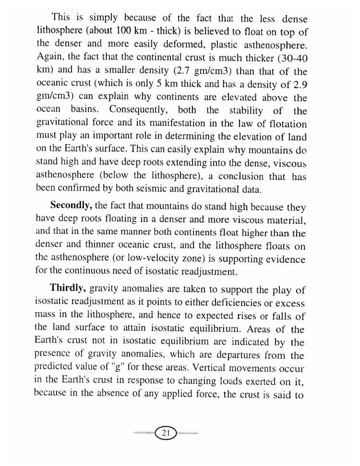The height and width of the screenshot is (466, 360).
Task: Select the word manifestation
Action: pyautogui.click(x=182, y=124)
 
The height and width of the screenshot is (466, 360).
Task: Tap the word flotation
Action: pyautogui.click(x=285, y=124)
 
